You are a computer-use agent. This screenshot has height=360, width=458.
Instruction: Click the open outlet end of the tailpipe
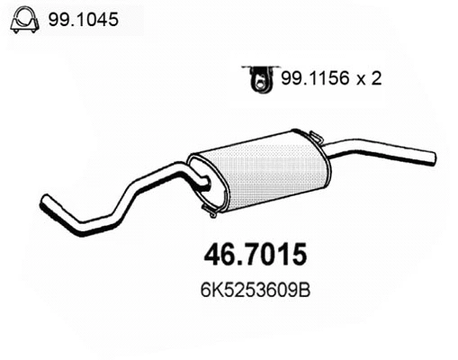(433, 159)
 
